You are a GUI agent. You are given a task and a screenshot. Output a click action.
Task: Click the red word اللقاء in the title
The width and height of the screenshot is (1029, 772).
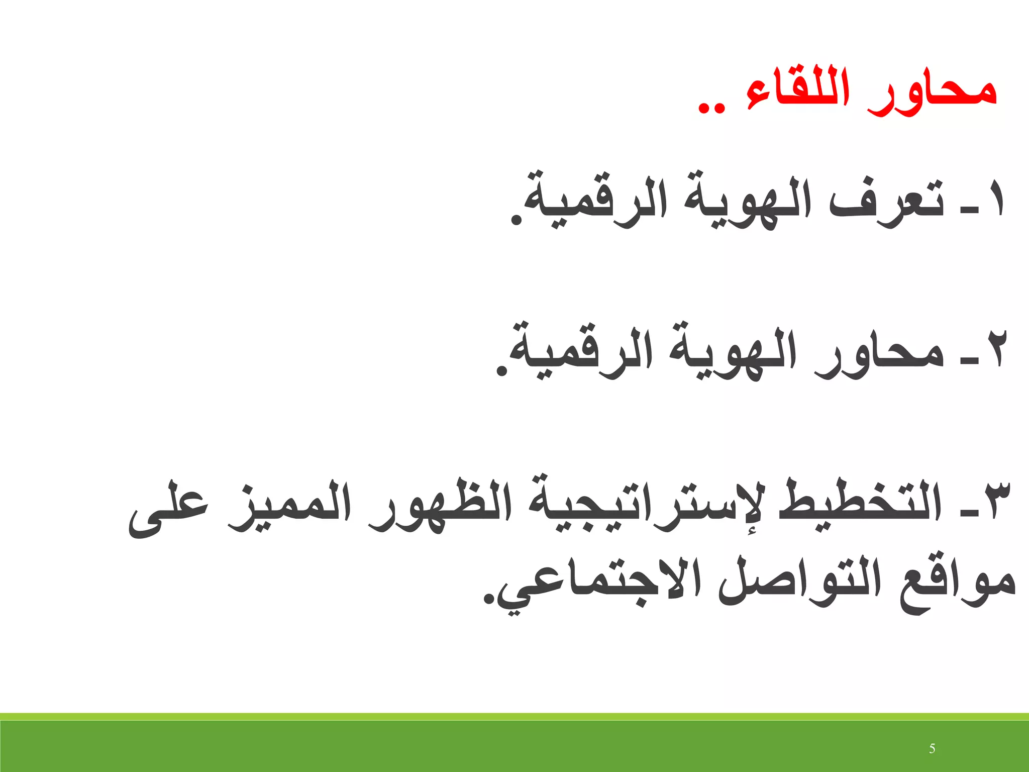point(798,93)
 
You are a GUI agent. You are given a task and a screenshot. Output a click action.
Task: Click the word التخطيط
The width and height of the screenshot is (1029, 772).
point(860,503)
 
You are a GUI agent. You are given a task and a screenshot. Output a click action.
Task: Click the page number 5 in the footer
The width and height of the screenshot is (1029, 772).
point(932,749)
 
